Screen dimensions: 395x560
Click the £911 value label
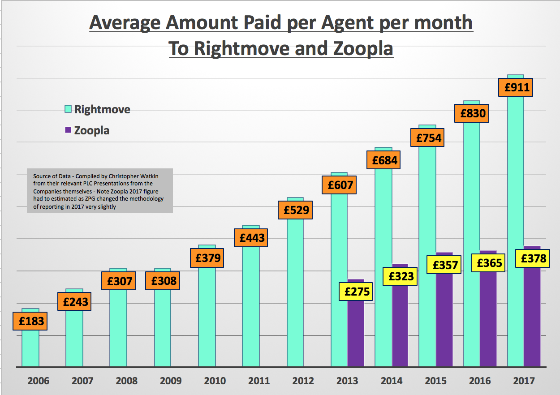click(x=517, y=87)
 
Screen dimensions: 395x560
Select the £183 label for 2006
click(x=30, y=321)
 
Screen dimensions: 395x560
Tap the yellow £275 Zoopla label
click(x=356, y=292)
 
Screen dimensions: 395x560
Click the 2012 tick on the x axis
click(x=303, y=381)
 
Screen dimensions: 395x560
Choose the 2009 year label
click(x=171, y=381)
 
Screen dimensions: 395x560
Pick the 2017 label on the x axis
click(x=524, y=381)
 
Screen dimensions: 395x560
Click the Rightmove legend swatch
click(x=68, y=109)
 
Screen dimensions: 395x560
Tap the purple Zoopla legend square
click(x=68, y=130)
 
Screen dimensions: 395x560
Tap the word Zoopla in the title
click(x=362, y=48)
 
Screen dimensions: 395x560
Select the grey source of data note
click(x=99, y=191)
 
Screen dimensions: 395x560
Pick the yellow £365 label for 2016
click(x=489, y=263)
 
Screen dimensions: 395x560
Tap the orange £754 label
click(x=428, y=138)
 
